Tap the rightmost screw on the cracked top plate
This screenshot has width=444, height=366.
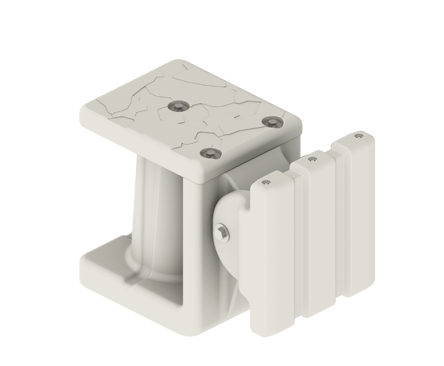click(271, 123)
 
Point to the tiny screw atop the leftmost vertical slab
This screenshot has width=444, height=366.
click(266, 182)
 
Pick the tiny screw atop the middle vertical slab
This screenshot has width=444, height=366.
click(312, 159)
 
